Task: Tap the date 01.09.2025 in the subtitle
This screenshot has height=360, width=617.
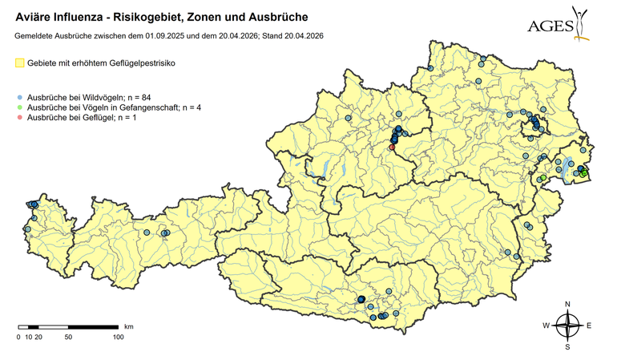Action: pos(170,36)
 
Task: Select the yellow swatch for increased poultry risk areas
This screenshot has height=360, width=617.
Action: pos(20,63)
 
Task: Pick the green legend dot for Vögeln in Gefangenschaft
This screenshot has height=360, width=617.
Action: pos(20,107)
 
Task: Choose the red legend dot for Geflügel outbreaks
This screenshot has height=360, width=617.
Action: pos(20,118)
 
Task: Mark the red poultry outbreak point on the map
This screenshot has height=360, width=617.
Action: pos(392,148)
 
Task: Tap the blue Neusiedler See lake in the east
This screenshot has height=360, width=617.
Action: pos(568,169)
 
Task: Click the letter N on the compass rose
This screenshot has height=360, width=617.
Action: pos(567,305)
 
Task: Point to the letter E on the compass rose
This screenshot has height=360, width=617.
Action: pos(588,326)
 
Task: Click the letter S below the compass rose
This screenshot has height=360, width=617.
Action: pos(567,347)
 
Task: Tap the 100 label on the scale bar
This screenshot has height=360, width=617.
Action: pos(118,338)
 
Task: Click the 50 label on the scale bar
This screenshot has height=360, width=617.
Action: pos(68,338)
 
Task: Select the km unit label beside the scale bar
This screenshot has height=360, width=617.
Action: pos(128,327)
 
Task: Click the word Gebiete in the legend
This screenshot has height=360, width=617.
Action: pos(44,63)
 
